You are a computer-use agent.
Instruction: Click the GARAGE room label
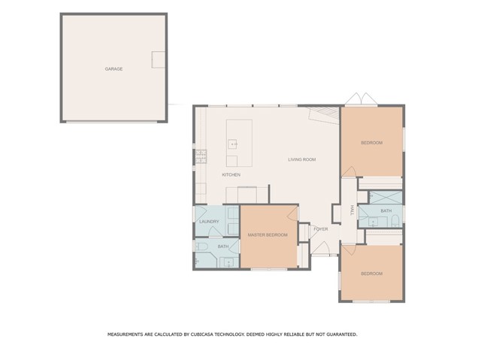(113, 69)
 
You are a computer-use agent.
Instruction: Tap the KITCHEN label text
(231, 175)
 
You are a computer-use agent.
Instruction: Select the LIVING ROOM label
(302, 159)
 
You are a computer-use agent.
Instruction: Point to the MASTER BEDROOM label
(268, 235)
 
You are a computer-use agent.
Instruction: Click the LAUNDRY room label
(209, 222)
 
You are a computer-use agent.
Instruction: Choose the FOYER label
(321, 229)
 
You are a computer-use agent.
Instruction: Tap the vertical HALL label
(352, 210)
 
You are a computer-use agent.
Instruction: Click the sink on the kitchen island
(232, 144)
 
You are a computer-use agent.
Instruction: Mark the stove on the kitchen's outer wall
(201, 156)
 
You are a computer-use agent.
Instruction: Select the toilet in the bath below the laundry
(201, 247)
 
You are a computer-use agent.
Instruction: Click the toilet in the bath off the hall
(395, 220)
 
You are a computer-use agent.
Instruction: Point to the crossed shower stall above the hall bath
(386, 198)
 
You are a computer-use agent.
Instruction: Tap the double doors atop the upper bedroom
(361, 98)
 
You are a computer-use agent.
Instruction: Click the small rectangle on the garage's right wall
(159, 59)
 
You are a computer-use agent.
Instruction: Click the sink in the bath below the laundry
(228, 263)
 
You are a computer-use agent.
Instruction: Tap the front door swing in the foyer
(320, 248)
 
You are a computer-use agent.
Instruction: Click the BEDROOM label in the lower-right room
(371, 274)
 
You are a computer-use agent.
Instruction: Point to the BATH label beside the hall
(386, 211)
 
